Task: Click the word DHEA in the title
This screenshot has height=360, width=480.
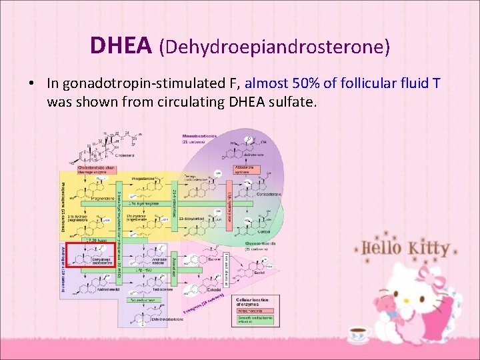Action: pyautogui.click(x=122, y=45)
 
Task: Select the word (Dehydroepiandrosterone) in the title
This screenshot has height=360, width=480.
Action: pyautogui.click(x=274, y=46)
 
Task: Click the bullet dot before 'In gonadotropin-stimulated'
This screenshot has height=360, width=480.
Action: pyautogui.click(x=31, y=84)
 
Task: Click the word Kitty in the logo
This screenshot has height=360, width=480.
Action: pyautogui.click(x=427, y=248)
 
